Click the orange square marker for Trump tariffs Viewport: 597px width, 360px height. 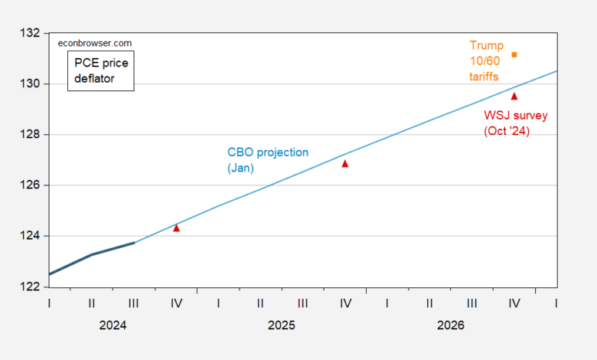tap(514, 55)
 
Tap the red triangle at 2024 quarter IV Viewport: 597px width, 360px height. tap(176, 228)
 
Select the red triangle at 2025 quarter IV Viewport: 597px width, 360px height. tap(345, 164)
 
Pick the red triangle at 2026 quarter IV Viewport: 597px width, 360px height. tap(514, 97)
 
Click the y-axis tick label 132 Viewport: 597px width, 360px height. tap(30, 33)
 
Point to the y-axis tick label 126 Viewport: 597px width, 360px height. tap(30, 185)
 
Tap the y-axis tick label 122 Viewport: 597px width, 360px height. tap(30, 286)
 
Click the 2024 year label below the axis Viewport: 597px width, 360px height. tap(113, 326)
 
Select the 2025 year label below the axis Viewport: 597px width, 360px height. tap(282, 326)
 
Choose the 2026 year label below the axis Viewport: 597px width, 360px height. tap(451, 326)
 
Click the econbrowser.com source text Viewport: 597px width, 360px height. tap(95, 44)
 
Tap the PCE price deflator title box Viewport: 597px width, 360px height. tap(101, 71)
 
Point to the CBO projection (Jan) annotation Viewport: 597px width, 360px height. tap(268, 160)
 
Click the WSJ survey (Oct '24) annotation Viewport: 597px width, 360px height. tap(516, 123)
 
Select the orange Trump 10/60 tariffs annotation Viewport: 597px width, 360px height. tap(486, 61)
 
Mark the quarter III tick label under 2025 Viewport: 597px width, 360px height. tap(302, 303)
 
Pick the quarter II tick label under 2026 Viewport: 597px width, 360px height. tap(429, 303)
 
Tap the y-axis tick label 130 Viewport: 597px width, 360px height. tap(30, 83)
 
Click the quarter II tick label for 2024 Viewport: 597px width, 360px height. tap(91, 303)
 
